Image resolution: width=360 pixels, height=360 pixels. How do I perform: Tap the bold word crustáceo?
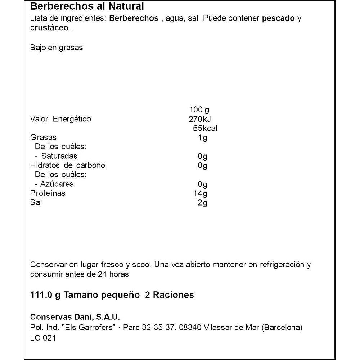[x=49, y=28]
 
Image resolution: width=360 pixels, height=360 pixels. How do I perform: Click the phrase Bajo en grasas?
[x=57, y=48]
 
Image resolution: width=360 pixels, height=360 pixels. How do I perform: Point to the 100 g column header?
[x=199, y=109]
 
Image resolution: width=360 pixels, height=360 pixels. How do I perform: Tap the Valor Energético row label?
[x=60, y=119]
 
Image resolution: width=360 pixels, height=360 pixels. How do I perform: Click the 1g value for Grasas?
[x=203, y=138]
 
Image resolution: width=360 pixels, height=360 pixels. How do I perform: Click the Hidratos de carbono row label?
[x=68, y=166]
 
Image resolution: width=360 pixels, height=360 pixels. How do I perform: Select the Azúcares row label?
[x=57, y=184]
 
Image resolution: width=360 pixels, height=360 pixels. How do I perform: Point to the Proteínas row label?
[x=48, y=193]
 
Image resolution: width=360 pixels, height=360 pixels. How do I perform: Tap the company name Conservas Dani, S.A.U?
[x=75, y=317]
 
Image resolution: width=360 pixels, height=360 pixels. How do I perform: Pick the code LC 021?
[x=43, y=338]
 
